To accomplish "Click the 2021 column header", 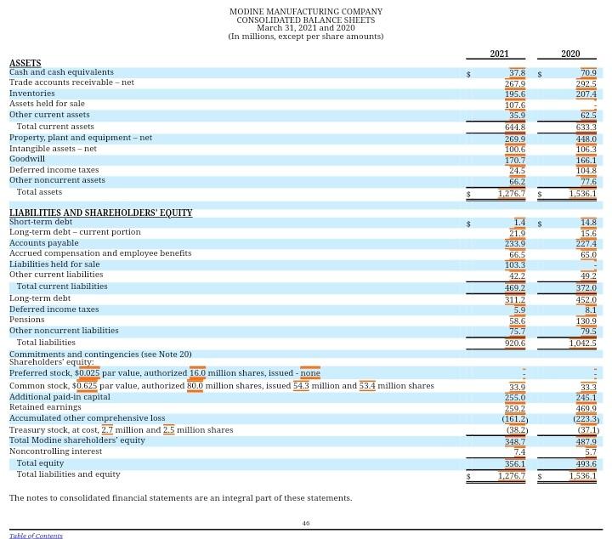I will pos(499,54).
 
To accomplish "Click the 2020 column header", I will pos(570,54).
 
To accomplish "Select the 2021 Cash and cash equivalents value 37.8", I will pos(517,73).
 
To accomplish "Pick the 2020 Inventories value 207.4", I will pos(586,94).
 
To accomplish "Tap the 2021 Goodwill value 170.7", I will pos(515,160).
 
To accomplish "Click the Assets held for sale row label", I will pos(47,105).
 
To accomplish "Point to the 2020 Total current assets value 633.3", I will pos(586,128).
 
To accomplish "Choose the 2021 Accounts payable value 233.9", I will pos(515,244).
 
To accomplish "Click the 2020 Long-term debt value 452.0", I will pos(586,300).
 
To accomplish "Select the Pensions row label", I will pos(27,321).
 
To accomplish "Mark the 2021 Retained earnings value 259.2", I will pos(515,409).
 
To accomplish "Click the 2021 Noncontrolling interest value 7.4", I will pos(519,451).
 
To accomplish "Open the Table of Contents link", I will pos(36,536).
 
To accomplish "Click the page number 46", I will pos(306,524).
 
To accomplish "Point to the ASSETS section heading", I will pos(25,63).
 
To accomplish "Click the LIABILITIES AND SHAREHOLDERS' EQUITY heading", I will pos(100,213).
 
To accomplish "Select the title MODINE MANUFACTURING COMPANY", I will pos(306,12).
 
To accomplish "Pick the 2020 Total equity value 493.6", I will pos(586,464).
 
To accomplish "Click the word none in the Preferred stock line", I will pos(310,373).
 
